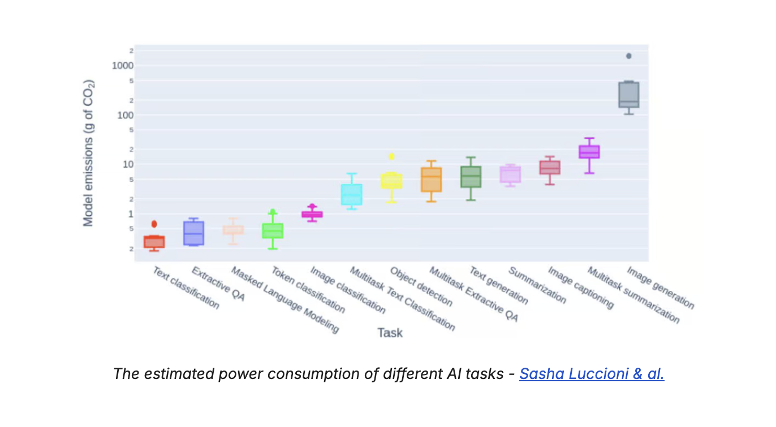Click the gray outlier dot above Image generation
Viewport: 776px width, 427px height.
(628, 56)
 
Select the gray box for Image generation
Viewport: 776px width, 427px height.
(628, 95)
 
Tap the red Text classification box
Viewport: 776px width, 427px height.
(154, 242)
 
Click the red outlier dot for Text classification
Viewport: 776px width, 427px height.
(154, 224)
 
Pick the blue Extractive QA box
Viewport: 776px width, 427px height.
(193, 233)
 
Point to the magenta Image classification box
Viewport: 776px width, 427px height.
(312, 214)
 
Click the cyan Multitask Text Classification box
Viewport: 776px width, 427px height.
(351, 194)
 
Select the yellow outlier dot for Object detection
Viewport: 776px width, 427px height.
(391, 156)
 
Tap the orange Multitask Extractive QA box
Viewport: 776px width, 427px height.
(431, 180)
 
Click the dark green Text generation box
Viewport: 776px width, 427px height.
(471, 177)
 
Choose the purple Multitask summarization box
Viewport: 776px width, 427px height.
(589, 151)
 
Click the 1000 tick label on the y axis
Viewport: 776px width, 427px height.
(123, 66)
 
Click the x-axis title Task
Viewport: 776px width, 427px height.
(390, 333)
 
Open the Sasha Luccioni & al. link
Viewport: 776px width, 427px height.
(592, 374)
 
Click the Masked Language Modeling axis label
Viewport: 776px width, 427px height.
(285, 300)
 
